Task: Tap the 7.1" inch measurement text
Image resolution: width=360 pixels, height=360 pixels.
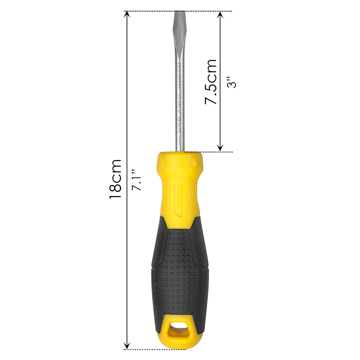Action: tap(136, 180)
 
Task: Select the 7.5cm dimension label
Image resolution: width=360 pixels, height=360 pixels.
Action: tap(211, 82)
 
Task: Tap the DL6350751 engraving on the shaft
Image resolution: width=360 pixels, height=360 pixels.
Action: tap(179, 76)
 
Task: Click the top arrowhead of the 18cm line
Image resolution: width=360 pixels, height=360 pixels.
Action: tap(127, 15)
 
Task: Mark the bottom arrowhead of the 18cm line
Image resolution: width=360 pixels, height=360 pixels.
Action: tap(127, 346)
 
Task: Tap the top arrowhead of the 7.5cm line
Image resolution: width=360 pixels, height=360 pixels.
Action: tap(220, 15)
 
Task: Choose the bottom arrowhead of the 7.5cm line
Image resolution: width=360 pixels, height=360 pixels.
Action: tap(220, 148)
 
